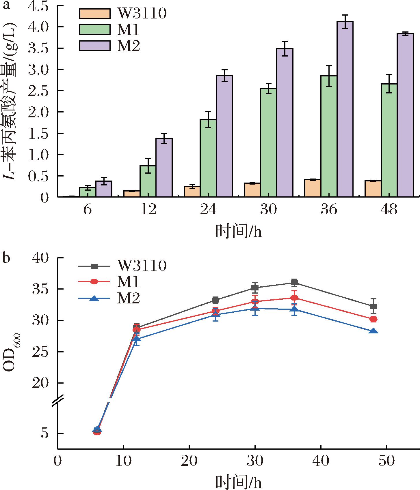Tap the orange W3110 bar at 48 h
pyautogui.click(x=373, y=189)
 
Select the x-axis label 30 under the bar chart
pyautogui.click(x=268, y=210)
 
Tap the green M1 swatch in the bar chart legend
pyautogui.click(x=95, y=29)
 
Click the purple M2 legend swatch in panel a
pyautogui.click(x=95, y=46)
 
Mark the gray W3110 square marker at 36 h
pyautogui.click(x=294, y=283)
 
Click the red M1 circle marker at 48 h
pyautogui.click(x=373, y=319)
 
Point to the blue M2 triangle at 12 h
pyautogui.click(x=137, y=339)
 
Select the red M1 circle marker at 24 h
pyautogui.click(x=215, y=311)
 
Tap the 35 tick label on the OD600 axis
pyautogui.click(x=40, y=289)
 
